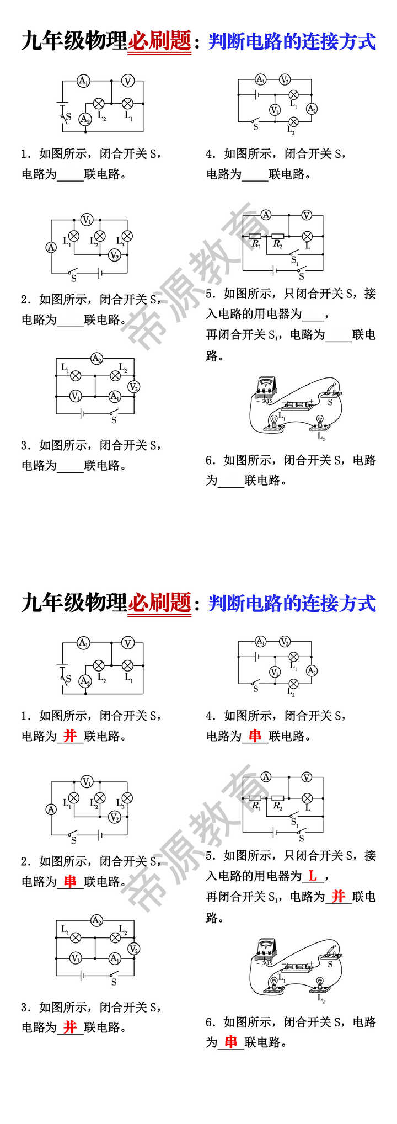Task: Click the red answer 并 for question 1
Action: (x=70, y=736)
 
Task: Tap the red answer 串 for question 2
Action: (x=70, y=881)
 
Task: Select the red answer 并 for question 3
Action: (x=70, y=1027)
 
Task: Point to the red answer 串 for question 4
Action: (x=255, y=736)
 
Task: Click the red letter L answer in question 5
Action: (x=313, y=876)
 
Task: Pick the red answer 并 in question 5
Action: (x=338, y=897)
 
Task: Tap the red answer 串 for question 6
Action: (x=231, y=1042)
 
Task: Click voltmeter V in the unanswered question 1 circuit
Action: (x=128, y=81)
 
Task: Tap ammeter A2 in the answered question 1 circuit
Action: (x=85, y=681)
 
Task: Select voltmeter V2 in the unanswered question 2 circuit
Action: (x=114, y=255)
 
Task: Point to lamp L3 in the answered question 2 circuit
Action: (x=127, y=798)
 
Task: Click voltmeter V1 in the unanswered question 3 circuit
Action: (x=76, y=396)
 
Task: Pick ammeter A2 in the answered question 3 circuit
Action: (x=97, y=920)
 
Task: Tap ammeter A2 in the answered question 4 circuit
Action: (x=312, y=671)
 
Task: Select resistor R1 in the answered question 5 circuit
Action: (x=256, y=798)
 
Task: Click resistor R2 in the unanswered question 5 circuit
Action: (x=278, y=236)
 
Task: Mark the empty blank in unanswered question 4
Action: (x=255, y=174)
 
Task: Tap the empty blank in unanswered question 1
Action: (x=70, y=174)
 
